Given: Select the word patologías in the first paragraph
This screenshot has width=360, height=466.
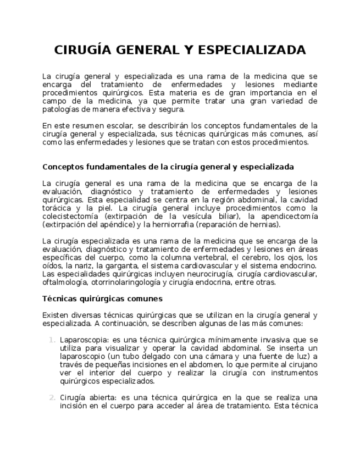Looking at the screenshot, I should click(x=59, y=109).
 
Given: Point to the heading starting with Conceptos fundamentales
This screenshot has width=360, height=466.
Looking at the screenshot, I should click(x=168, y=167).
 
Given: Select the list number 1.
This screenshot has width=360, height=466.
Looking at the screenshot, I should click(x=51, y=340).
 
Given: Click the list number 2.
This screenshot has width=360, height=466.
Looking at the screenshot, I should click(x=51, y=398).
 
